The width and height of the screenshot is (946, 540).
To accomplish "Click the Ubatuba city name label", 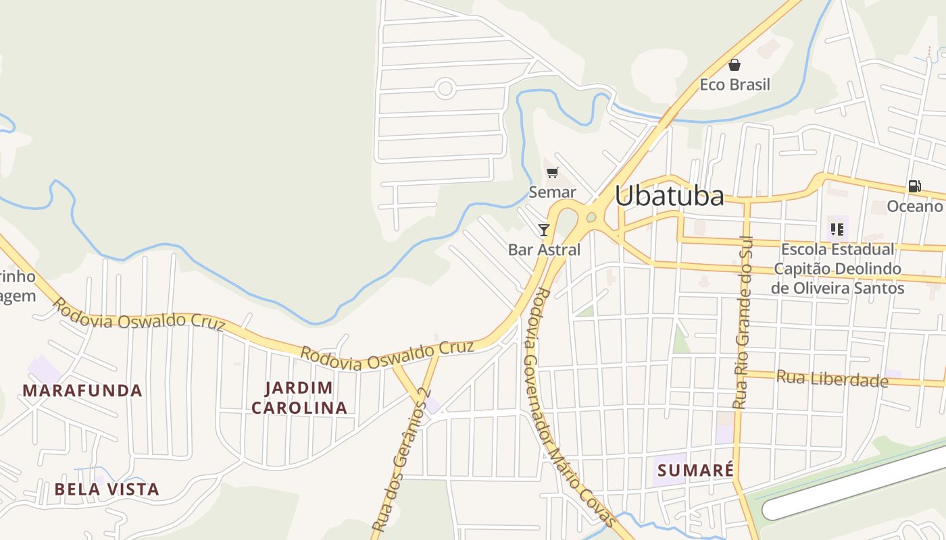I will [669, 196].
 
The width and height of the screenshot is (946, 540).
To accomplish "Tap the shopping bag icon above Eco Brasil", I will [735, 65].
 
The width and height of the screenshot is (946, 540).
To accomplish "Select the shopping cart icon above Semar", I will [553, 172].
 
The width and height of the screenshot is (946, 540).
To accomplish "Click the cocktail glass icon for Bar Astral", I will [544, 230].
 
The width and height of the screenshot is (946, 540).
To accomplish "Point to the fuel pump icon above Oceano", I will [914, 186].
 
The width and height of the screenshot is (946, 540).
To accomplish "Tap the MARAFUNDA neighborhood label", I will [82, 390].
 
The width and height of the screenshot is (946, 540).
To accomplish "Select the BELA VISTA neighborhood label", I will [107, 489].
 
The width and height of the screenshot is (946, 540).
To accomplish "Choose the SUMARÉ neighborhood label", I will [695, 470].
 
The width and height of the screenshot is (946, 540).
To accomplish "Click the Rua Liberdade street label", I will [832, 379].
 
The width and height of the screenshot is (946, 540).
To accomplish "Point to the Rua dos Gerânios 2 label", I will [401, 459].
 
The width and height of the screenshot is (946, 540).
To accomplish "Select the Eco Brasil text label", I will [735, 85].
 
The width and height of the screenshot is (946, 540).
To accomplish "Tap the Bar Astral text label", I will [544, 250].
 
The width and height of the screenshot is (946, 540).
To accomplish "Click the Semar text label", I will [552, 192].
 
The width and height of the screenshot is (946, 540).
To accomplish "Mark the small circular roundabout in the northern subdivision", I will [445, 88].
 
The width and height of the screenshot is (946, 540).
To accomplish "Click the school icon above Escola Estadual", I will [838, 229].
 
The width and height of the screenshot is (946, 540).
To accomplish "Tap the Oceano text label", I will [914, 207].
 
